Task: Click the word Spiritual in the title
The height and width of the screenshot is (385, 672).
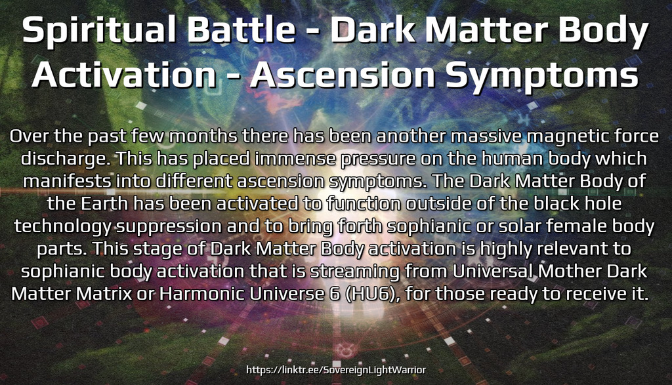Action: click(99, 31)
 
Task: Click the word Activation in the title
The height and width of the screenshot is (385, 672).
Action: click(124, 75)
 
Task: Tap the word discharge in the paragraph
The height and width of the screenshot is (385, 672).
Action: click(65, 159)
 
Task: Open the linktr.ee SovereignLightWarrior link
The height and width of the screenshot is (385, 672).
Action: click(336, 370)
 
